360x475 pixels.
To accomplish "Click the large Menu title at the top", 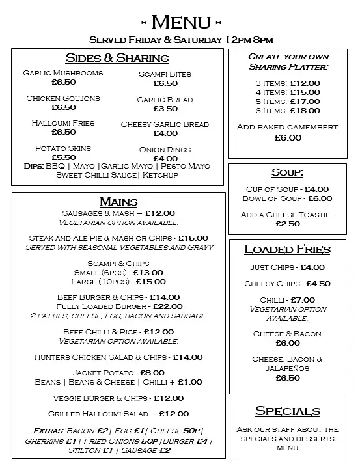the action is [x=180, y=22].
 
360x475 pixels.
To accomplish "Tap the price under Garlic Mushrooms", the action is [x=63, y=83].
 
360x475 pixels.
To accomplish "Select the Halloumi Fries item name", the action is [x=63, y=123].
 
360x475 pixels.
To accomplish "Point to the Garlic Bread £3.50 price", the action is [x=165, y=109].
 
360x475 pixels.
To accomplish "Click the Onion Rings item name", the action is [x=165, y=150].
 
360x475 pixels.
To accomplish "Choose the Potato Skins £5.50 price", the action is [x=63, y=157].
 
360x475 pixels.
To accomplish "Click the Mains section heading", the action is [x=118, y=201].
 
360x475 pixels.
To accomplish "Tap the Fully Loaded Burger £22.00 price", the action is [x=165, y=306].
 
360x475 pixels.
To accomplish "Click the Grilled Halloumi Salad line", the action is [x=118, y=414].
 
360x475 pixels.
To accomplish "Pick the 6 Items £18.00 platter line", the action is [x=287, y=111].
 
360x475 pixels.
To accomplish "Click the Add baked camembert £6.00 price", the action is [x=288, y=137].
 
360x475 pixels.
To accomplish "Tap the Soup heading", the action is [x=287, y=172].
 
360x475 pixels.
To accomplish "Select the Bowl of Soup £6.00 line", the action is [x=287, y=198].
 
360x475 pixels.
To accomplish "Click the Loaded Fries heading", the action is [x=287, y=249].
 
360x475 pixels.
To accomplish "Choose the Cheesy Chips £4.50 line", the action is [x=287, y=284].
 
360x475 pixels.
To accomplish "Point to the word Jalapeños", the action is [x=287, y=368].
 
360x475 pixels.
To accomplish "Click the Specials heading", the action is [x=287, y=411].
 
